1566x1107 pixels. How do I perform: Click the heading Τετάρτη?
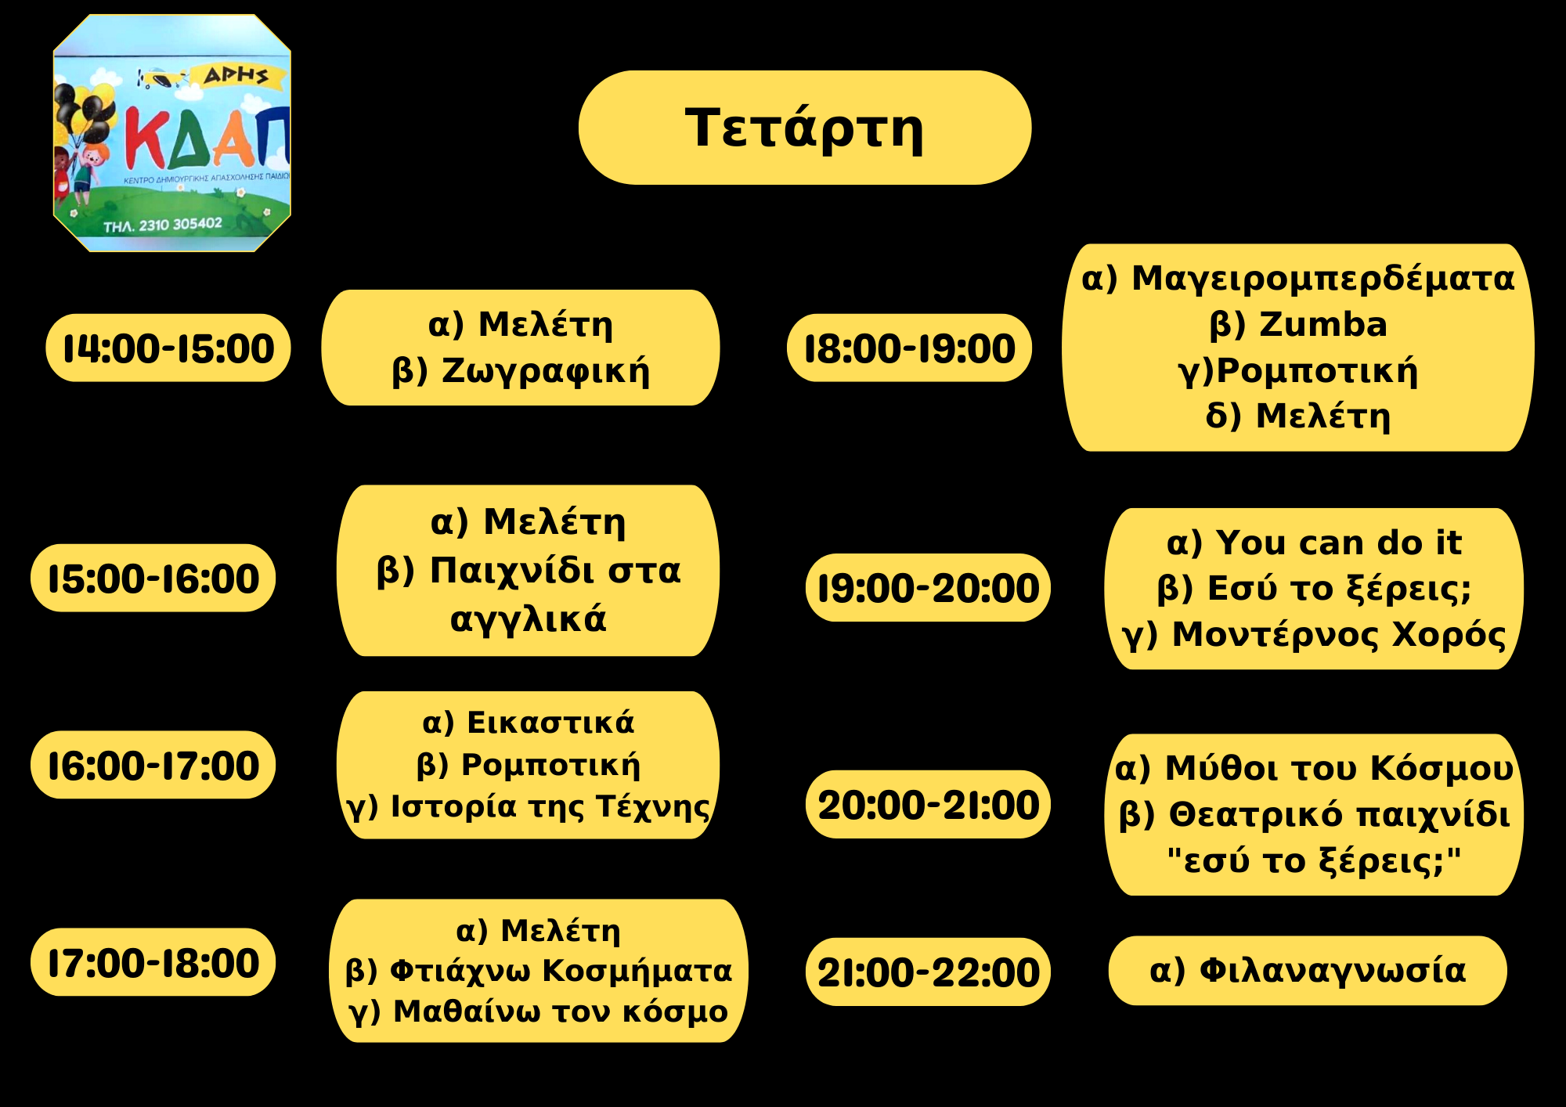tap(804, 129)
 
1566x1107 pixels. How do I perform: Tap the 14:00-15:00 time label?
tap(168, 348)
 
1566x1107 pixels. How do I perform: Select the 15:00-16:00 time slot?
tap(153, 579)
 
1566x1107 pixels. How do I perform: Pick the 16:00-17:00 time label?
tap(153, 766)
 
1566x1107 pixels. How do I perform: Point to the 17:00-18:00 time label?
tap(153, 963)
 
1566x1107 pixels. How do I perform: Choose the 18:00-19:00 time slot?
tap(910, 348)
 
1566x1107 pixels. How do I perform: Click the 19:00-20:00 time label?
tap(928, 588)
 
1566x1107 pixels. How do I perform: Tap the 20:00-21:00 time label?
tap(928, 805)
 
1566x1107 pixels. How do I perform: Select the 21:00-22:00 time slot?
tap(928, 972)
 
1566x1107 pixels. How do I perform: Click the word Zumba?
tap(1323, 324)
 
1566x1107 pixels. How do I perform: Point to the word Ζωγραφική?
tap(546, 371)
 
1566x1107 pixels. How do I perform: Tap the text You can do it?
tap(1339, 543)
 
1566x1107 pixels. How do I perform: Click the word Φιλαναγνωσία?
tap(1333, 971)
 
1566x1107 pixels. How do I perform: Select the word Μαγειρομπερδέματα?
tap(1323, 279)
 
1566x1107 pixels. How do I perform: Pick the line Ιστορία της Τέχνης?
tap(550, 807)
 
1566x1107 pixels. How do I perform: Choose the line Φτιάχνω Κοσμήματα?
tap(561, 971)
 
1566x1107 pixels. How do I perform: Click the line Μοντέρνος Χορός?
tap(1339, 635)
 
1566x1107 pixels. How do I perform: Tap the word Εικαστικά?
tap(550, 723)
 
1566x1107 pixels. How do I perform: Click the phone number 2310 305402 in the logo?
tap(180, 225)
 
